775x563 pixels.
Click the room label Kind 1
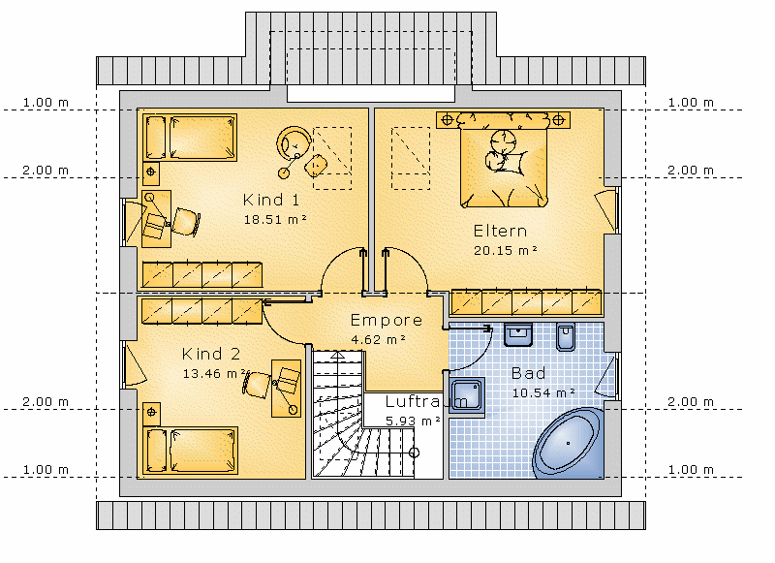pyautogui.click(x=271, y=201)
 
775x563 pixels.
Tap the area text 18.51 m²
pyautogui.click(x=275, y=219)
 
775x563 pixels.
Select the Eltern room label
pyautogui.click(x=500, y=231)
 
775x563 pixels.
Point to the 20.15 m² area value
pyautogui.click(x=505, y=250)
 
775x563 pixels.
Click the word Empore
pyautogui.click(x=386, y=321)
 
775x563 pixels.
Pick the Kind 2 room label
pyautogui.click(x=211, y=354)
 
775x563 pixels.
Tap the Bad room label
pyautogui.click(x=528, y=373)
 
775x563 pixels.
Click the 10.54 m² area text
pyautogui.click(x=543, y=393)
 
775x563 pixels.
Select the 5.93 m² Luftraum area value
pyautogui.click(x=413, y=422)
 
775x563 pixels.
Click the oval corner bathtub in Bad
pyautogui.click(x=569, y=444)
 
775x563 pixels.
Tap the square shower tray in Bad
pyautogui.click(x=467, y=395)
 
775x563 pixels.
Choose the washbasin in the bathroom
pyautogui.click(x=517, y=334)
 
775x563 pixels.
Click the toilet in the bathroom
pyautogui.click(x=566, y=337)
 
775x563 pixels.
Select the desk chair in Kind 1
pyautogui.click(x=186, y=222)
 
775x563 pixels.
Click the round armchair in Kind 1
pyautogui.click(x=294, y=142)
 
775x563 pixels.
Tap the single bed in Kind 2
pyautogui.click(x=190, y=451)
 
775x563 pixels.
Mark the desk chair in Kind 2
pyautogui.click(x=258, y=383)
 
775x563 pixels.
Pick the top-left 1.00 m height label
pyautogui.click(x=46, y=103)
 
